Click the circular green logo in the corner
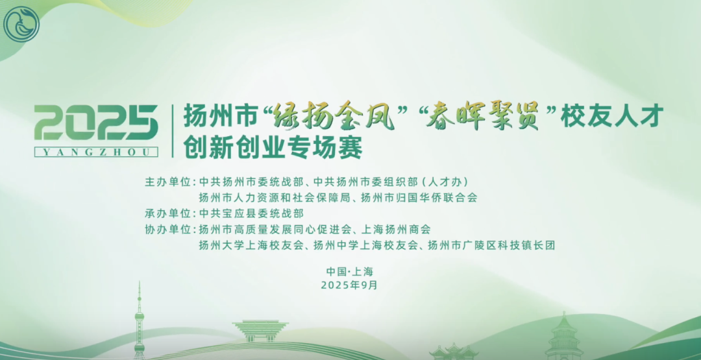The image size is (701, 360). click(x=21, y=24)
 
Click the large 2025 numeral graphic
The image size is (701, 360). click(x=96, y=123)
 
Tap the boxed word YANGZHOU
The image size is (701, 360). click(x=96, y=152)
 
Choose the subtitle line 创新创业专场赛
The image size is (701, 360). click(x=273, y=147)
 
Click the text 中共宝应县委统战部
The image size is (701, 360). click(x=251, y=213)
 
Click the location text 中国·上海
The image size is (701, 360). click(x=350, y=271)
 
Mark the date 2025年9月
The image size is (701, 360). click(x=349, y=285)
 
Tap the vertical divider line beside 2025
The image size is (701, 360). click(x=172, y=130)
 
